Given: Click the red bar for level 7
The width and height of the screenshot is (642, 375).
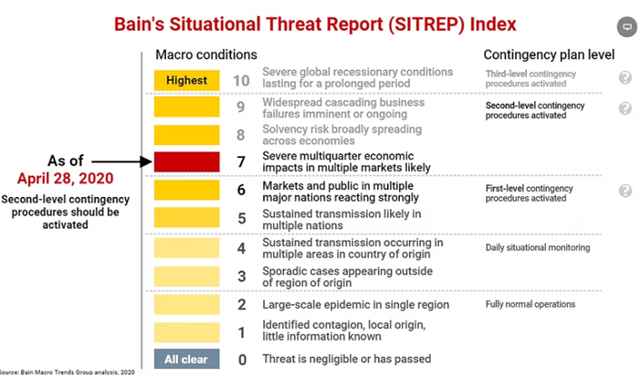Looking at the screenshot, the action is (x=187, y=162).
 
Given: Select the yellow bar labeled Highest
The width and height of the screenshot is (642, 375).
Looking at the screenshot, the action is (x=187, y=80).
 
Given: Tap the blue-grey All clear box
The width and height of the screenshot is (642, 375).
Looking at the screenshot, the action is (x=187, y=359).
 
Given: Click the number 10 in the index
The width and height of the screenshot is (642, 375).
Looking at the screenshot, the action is (x=241, y=81).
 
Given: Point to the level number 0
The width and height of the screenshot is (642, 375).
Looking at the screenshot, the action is (x=242, y=360).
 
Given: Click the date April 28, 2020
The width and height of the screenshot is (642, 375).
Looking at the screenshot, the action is (x=65, y=178).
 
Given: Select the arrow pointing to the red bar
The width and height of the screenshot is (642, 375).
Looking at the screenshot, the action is (x=122, y=162).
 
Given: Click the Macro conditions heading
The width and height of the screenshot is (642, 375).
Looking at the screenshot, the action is (x=207, y=54).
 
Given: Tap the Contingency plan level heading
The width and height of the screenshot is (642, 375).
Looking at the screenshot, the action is (x=550, y=54).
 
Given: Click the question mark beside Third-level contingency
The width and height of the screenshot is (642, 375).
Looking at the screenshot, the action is (x=625, y=77).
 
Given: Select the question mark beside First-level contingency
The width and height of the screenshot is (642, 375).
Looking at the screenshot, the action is (x=625, y=190).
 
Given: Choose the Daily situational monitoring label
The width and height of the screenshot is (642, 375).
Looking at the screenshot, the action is (x=538, y=248).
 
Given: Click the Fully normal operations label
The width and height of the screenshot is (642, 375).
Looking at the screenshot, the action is (x=530, y=304).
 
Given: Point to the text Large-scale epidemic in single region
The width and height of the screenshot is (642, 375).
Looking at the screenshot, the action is (x=355, y=305).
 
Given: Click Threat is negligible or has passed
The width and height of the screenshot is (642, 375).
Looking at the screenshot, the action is (x=346, y=359).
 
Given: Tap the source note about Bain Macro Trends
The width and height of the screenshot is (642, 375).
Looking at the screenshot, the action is (x=67, y=371).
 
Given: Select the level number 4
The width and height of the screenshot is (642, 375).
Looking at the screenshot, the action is (x=241, y=249).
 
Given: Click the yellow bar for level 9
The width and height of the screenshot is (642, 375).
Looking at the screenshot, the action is (x=187, y=107).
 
